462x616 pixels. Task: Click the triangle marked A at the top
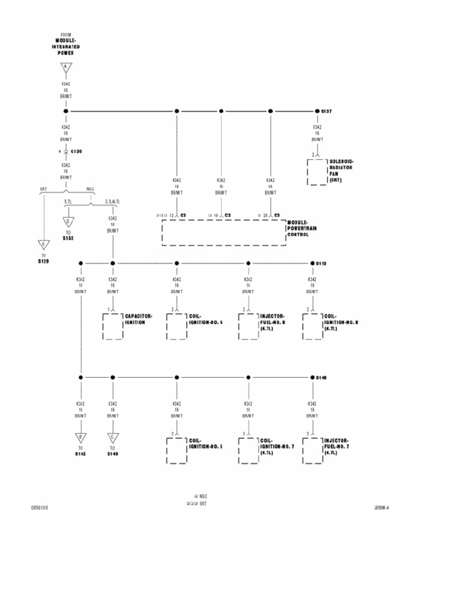pos(66,67)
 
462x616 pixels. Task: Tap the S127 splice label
pos(327,111)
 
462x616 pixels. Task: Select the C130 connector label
pos(76,151)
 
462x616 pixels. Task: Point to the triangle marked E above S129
pos(43,245)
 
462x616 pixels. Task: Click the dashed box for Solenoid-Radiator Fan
pos(316,172)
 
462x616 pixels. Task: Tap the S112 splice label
pos(322,263)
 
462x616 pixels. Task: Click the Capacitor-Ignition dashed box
pos(112,326)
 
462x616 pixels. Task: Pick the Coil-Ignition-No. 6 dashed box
pos(176,326)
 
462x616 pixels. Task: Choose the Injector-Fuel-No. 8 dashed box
pos(248,326)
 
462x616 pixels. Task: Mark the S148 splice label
pos(322,377)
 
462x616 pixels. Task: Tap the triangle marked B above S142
pos(80,437)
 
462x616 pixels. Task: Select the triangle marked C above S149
pos(112,437)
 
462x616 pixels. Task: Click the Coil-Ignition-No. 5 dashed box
pos(176,451)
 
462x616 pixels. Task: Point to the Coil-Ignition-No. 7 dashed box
pos(248,451)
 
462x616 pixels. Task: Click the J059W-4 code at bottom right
pos(381,507)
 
